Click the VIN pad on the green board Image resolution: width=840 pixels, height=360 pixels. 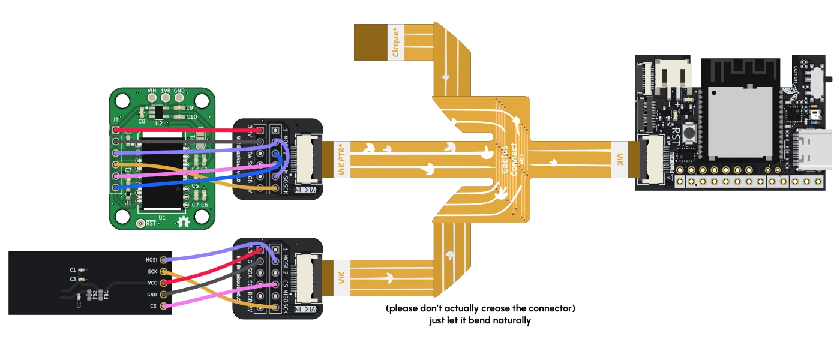click(x=152, y=98)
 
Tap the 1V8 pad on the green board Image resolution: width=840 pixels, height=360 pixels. click(x=165, y=98)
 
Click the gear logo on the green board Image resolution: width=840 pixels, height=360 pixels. click(x=184, y=222)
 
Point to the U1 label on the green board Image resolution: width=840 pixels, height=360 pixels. click(x=161, y=217)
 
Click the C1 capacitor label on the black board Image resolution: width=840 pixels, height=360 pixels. click(x=73, y=269)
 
